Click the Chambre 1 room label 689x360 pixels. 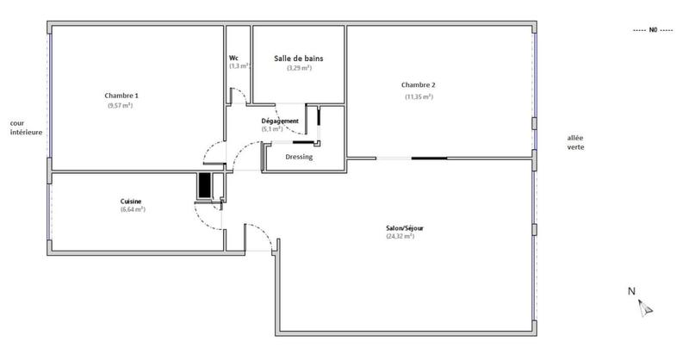click(x=121, y=95)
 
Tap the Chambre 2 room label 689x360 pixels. click(x=419, y=84)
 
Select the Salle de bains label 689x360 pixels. click(x=299, y=58)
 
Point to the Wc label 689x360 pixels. click(x=233, y=58)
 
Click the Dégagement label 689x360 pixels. click(x=280, y=121)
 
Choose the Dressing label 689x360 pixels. click(x=299, y=158)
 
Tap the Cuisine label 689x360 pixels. click(x=132, y=202)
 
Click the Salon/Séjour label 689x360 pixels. click(x=405, y=228)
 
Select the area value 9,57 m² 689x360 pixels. click(x=121, y=105)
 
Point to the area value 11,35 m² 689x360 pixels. click(x=419, y=96)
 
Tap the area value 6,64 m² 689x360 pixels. click(x=132, y=209)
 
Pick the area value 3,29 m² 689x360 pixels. click(x=299, y=67)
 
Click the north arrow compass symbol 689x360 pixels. click(x=647, y=307)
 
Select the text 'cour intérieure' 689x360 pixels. click(x=26, y=128)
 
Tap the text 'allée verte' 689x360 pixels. click(x=574, y=142)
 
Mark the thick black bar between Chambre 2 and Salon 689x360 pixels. click(x=429, y=158)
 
